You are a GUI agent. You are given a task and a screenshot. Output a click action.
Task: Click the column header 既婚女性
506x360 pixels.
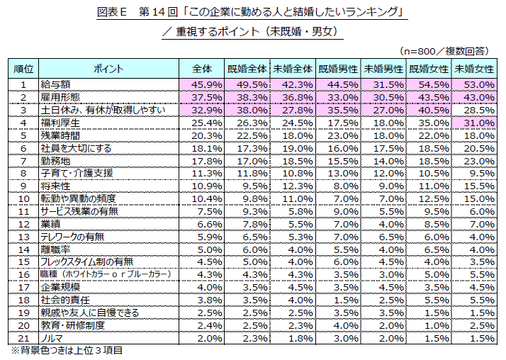tap(429, 69)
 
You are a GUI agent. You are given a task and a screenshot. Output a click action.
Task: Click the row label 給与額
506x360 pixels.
tap(56, 84)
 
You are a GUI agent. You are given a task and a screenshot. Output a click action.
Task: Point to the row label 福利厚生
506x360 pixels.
tap(60, 123)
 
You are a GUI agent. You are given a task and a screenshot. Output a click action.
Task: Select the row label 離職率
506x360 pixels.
tap(56, 249)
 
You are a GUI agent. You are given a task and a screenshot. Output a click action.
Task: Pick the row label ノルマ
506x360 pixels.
tap(53, 338)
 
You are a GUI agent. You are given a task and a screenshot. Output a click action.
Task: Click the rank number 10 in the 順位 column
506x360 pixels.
tap(23, 198)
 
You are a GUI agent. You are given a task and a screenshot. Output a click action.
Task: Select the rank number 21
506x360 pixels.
tap(23, 338)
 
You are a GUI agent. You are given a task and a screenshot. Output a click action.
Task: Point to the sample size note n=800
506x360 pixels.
tap(443, 50)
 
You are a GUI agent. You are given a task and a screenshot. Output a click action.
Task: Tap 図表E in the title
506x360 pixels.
tap(111, 11)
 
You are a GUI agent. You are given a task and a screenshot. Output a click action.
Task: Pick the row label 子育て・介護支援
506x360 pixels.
tap(77, 173)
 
